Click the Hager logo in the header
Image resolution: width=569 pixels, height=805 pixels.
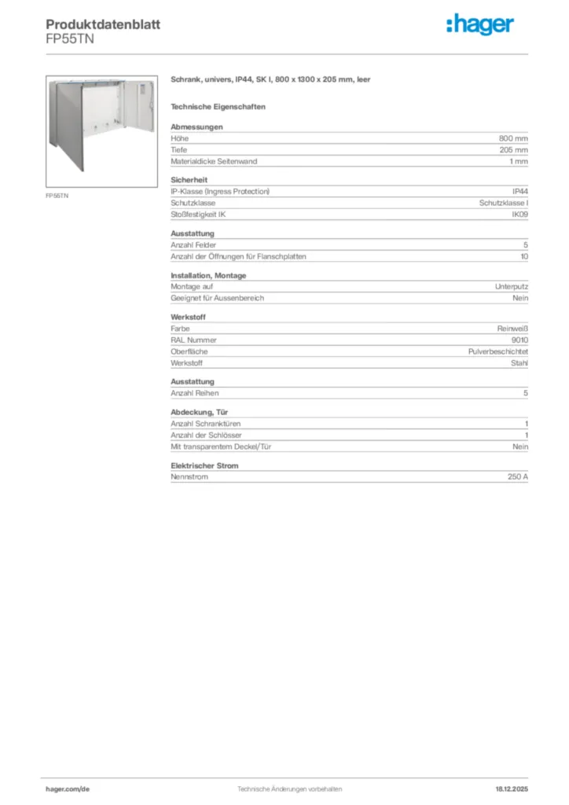tap(480, 25)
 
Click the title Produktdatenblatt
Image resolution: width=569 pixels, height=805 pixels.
tap(103, 24)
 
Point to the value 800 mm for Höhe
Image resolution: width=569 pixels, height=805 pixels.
tap(513, 138)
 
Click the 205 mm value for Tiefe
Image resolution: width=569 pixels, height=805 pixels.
tap(513, 149)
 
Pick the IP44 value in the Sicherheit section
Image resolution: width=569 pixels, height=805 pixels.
tap(519, 191)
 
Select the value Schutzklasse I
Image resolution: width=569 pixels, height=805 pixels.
tap(504, 203)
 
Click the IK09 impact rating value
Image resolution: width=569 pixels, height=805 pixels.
tap(519, 215)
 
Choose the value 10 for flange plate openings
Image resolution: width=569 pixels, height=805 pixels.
tap(524, 256)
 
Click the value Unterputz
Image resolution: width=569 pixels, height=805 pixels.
tap(512, 287)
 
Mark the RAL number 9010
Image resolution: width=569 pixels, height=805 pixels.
tap(519, 340)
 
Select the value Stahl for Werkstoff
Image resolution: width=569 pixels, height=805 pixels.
tap(519, 363)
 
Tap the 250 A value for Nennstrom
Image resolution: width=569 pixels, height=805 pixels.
tap(518, 477)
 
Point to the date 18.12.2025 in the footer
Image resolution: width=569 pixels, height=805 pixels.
tap(512, 788)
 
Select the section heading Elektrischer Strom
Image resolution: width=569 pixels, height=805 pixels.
tap(204, 465)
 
